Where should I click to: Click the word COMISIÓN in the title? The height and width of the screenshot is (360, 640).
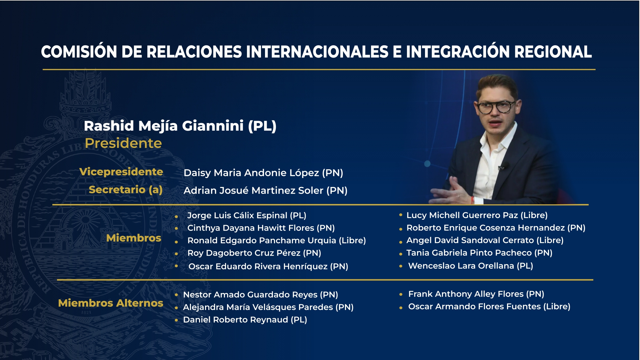point(79,52)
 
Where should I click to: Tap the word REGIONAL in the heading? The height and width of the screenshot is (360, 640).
point(553,52)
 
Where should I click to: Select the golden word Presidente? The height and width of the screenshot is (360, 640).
point(123,143)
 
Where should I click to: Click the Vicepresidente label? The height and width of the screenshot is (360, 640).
point(121,172)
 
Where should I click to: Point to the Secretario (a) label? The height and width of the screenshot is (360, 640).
point(126,190)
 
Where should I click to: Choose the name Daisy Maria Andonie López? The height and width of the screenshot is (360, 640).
point(251,173)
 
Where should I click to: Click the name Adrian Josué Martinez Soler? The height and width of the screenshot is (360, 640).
point(253,190)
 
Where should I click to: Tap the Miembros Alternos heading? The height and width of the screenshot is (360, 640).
point(111,303)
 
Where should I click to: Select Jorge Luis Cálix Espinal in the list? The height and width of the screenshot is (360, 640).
point(237,215)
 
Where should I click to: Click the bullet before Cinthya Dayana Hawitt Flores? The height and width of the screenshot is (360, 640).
point(176,229)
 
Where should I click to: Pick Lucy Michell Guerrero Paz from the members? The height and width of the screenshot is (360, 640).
point(462,215)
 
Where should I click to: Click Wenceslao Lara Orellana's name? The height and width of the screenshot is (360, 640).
point(461,266)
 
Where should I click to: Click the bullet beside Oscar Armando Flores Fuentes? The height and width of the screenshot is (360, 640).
point(401,308)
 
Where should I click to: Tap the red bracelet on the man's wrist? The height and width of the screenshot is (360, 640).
point(472,200)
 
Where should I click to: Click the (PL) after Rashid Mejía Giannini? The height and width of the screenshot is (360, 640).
point(262,126)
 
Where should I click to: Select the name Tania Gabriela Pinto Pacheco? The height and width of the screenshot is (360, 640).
point(469,253)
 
